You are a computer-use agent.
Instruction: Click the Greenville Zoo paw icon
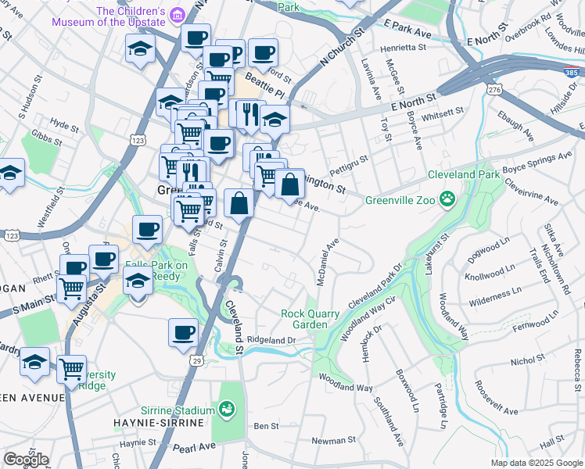point(447,199)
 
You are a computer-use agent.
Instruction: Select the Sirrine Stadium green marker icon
point(227,410)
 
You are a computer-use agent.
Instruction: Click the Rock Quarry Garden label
point(310,319)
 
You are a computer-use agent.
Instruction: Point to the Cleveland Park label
point(463,174)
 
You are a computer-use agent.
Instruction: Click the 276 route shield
point(493,91)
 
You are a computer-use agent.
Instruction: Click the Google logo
point(25,460)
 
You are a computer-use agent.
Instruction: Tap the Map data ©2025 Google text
point(536,463)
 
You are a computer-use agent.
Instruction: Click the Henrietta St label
point(404,48)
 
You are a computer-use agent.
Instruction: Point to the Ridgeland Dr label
point(271,340)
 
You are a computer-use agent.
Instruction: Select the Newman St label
point(334,441)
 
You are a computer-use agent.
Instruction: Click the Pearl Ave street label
point(195,446)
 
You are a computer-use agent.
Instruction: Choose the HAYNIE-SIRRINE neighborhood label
point(166,423)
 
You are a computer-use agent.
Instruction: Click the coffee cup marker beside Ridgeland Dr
point(183,332)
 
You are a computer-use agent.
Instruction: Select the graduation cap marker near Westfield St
point(9,174)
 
